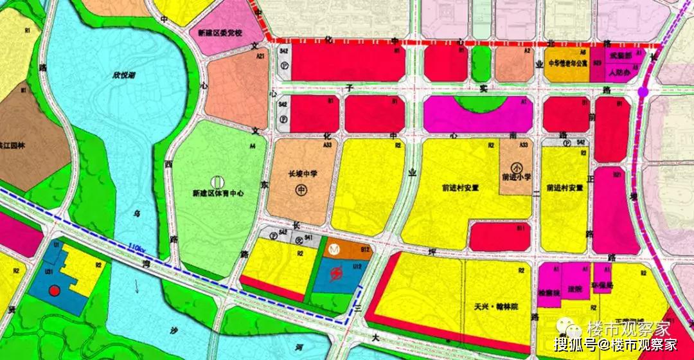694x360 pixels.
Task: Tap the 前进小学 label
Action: click(x=517, y=178)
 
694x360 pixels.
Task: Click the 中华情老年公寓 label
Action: click(x=567, y=64)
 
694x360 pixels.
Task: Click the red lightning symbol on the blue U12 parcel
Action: click(x=335, y=275)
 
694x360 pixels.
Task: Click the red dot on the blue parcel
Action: click(x=55, y=291)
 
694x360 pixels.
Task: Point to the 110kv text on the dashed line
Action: click(x=136, y=247)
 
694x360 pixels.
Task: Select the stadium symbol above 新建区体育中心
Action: click(x=217, y=181)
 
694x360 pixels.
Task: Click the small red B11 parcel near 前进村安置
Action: click(x=499, y=236)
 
